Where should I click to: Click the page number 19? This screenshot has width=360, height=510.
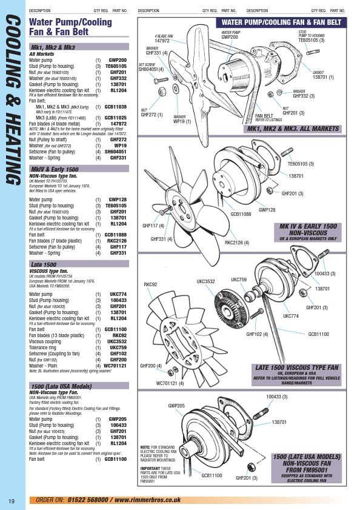[12, 500]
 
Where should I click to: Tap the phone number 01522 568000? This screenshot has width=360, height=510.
[84, 500]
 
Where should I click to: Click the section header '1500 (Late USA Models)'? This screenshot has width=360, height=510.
[61, 386]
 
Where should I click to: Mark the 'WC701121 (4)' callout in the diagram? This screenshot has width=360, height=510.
[170, 383]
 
